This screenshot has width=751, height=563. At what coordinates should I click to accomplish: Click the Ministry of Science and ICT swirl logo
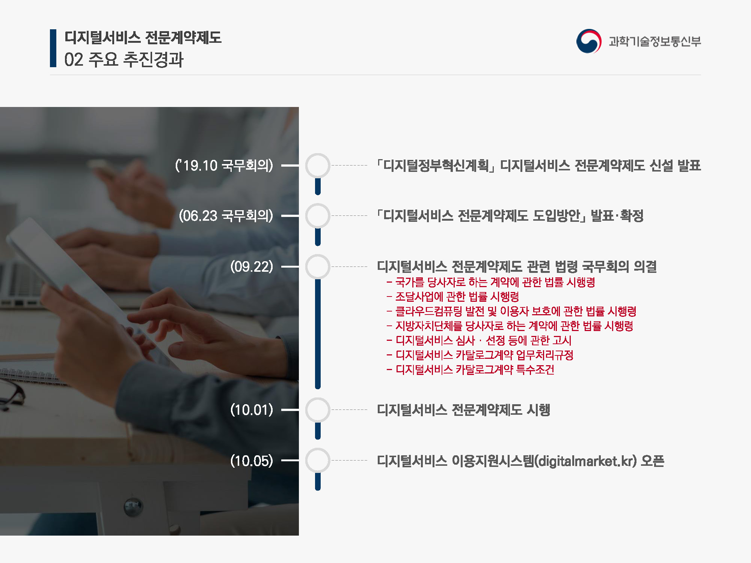(589, 41)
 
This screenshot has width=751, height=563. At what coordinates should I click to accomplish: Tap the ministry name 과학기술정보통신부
(655, 41)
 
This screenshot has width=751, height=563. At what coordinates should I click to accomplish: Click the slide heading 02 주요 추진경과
(124, 59)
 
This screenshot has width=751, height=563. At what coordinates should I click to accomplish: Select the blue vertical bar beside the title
(53, 48)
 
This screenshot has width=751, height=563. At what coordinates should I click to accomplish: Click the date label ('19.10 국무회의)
(224, 165)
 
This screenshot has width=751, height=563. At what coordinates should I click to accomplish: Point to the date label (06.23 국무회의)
(226, 216)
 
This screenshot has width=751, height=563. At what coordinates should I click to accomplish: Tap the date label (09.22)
(252, 266)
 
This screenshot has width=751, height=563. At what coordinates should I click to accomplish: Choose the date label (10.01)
(252, 410)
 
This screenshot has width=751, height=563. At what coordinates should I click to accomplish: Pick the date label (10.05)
(252, 461)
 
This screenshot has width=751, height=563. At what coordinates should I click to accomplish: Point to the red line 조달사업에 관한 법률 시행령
(453, 297)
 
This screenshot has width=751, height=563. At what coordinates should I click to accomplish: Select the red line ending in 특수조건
(471, 370)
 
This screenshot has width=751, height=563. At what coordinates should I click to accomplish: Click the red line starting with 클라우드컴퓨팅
(511, 311)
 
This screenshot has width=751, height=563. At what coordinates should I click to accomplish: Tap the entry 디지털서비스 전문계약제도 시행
(464, 410)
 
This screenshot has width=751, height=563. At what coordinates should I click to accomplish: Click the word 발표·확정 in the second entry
(617, 216)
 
